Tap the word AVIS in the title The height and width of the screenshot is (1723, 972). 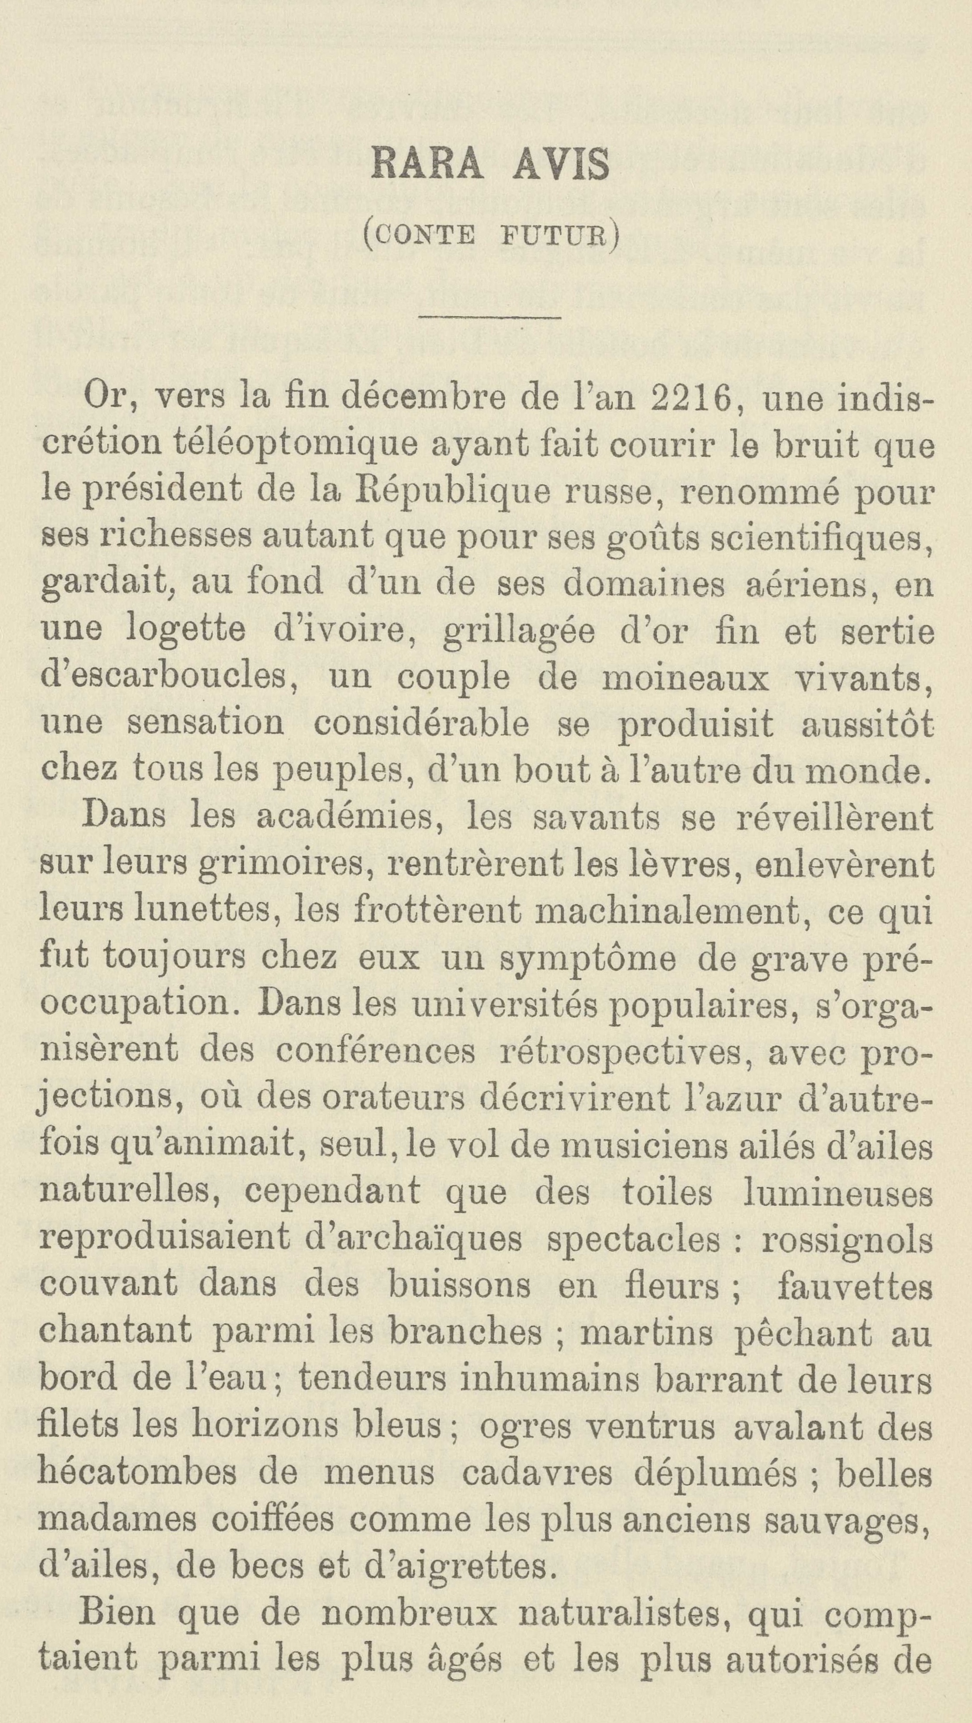tap(561, 165)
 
